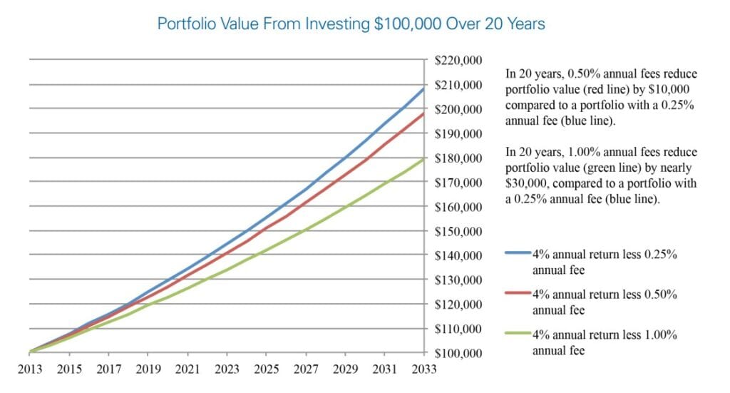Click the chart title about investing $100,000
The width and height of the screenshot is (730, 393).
351,24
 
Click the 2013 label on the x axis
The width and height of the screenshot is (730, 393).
30,369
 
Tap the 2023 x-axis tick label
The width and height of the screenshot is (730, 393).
227,369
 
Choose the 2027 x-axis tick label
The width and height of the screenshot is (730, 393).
305,369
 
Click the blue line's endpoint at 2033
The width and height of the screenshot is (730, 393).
423,89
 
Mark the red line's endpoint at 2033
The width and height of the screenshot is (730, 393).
423,113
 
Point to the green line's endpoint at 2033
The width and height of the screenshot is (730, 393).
423,158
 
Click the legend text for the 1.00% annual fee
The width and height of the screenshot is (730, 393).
604,341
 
